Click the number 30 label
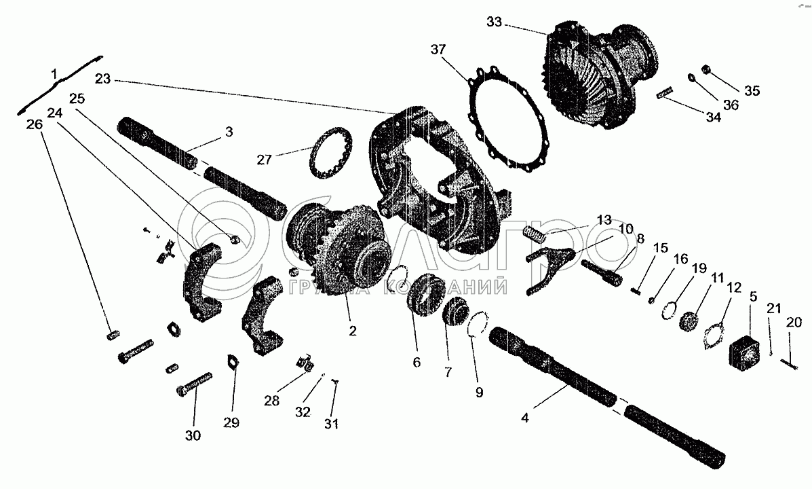click(x=193, y=435)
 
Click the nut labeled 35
click(x=705, y=69)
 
